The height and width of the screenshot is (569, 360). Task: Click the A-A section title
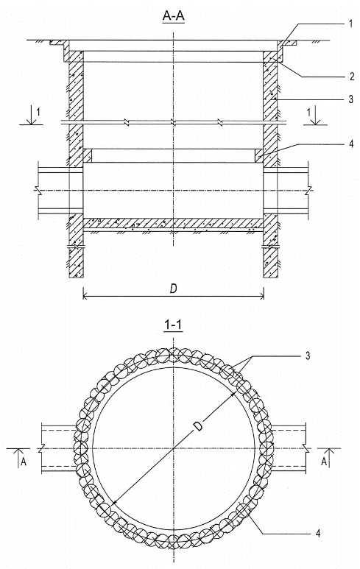(x=174, y=17)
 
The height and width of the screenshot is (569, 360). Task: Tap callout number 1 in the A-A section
(x=350, y=24)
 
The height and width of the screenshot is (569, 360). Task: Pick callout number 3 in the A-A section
(x=350, y=99)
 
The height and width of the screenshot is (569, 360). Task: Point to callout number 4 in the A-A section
(x=351, y=144)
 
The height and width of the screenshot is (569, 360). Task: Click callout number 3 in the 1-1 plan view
(x=308, y=356)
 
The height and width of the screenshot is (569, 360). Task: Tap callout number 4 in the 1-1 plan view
(x=318, y=533)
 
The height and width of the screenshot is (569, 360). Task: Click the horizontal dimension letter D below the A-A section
(x=174, y=289)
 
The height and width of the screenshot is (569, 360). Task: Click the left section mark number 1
(x=39, y=112)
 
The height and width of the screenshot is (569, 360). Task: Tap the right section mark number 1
(x=309, y=112)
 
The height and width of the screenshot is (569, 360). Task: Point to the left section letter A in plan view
(x=24, y=462)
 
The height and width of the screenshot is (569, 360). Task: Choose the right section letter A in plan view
(x=324, y=462)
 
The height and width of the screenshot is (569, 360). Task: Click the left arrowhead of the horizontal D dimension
(x=85, y=297)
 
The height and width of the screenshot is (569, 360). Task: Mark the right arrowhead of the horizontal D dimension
(x=261, y=297)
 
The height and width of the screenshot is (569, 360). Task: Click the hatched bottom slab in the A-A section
(x=174, y=224)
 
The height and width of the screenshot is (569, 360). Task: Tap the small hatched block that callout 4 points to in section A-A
(x=259, y=155)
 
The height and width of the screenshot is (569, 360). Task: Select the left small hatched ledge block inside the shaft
(x=88, y=155)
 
